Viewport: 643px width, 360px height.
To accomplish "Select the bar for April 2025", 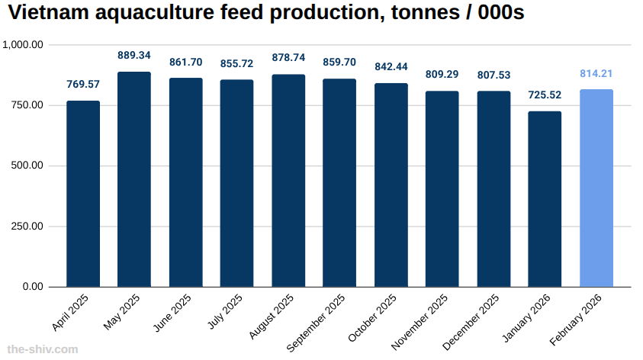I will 83,194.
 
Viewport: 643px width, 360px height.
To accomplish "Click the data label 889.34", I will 134,56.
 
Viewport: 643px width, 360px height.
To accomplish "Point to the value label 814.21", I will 596,74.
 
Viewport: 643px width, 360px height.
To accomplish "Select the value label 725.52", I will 545,95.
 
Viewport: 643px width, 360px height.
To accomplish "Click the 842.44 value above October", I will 391,67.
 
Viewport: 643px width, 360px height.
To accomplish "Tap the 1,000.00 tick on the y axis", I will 24,45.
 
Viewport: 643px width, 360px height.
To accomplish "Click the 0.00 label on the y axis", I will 34,287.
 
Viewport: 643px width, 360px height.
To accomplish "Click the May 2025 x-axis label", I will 122,313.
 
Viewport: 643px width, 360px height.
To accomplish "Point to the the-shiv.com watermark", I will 42,349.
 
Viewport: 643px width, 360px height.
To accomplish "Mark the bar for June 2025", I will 185,182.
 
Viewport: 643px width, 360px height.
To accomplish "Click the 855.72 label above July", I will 237,64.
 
